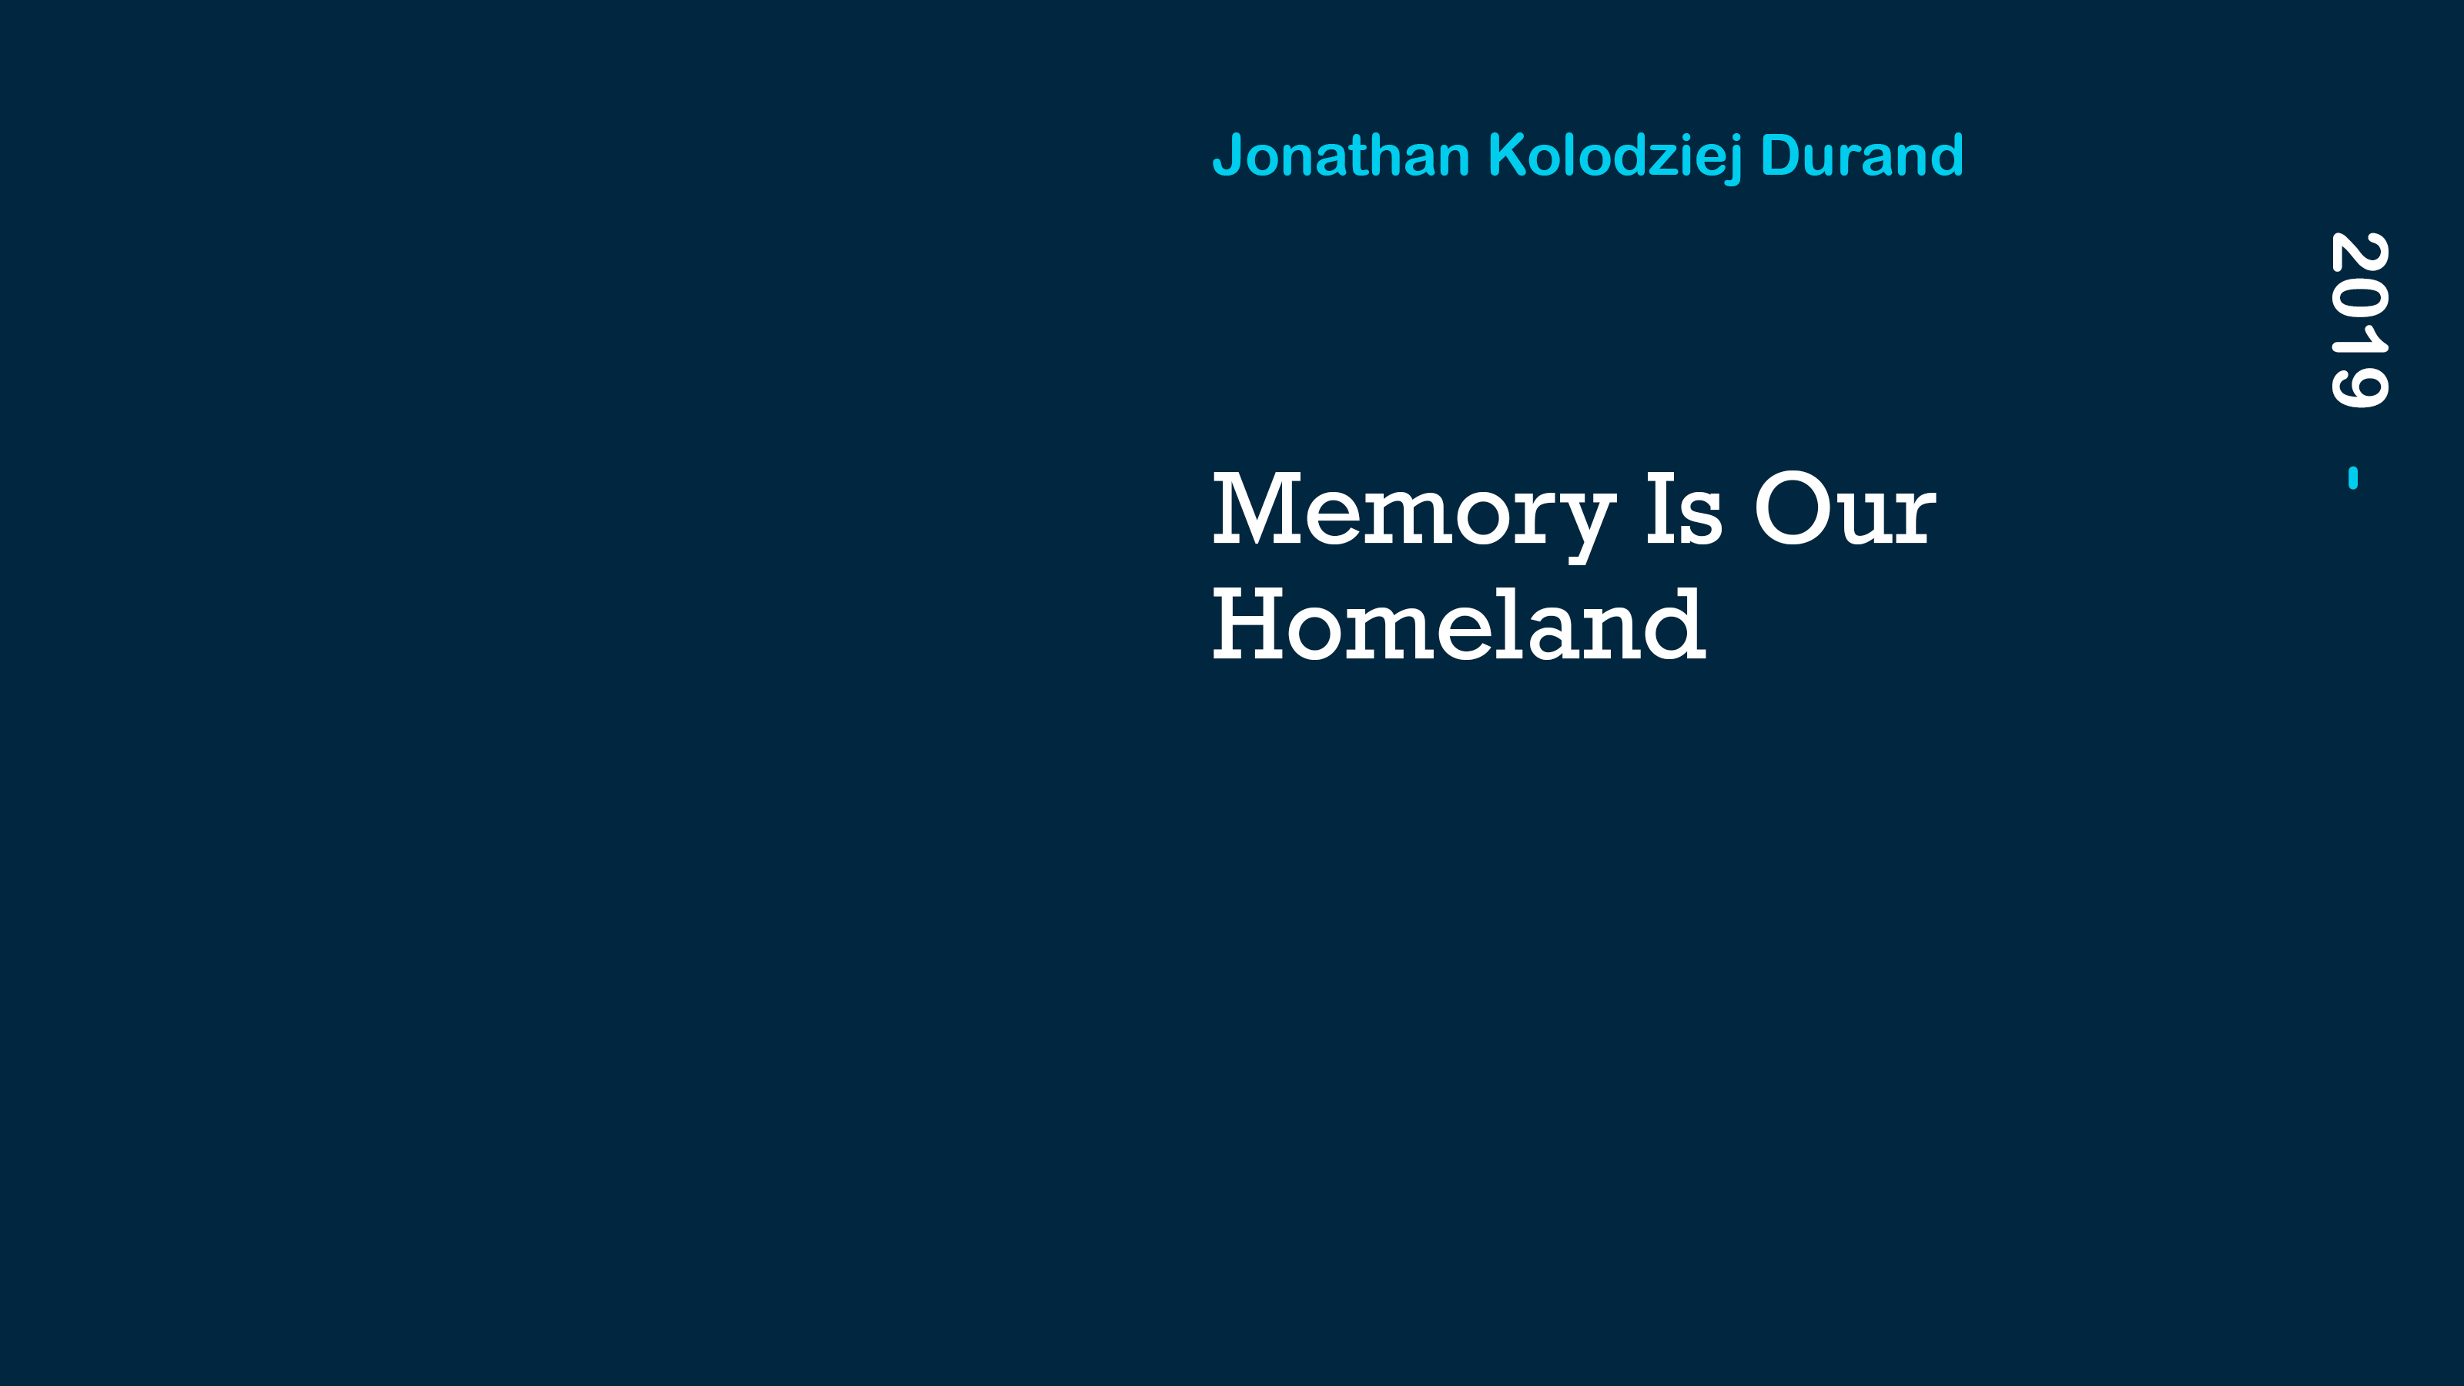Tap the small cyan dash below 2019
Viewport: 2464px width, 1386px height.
click(2353, 477)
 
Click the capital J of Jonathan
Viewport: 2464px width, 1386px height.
click(1227, 156)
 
